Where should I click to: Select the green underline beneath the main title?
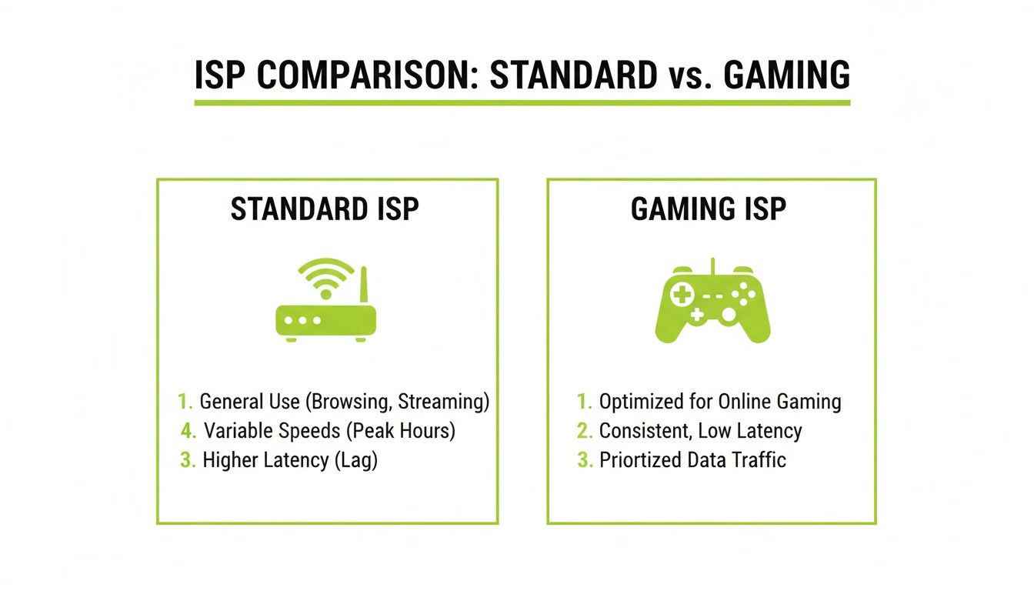(x=522, y=102)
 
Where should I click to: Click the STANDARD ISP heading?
(x=325, y=209)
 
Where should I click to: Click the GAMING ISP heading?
(x=708, y=209)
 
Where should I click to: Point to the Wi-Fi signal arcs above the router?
(x=326, y=276)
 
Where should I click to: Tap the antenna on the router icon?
(x=364, y=285)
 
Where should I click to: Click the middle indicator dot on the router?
(x=302, y=320)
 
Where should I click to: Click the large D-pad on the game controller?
(x=682, y=294)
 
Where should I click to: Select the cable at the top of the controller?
(x=712, y=266)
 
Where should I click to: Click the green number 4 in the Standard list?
(x=188, y=431)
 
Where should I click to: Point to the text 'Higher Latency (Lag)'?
(x=290, y=460)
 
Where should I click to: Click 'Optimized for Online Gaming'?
(x=720, y=402)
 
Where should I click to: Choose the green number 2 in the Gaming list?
(x=585, y=431)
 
